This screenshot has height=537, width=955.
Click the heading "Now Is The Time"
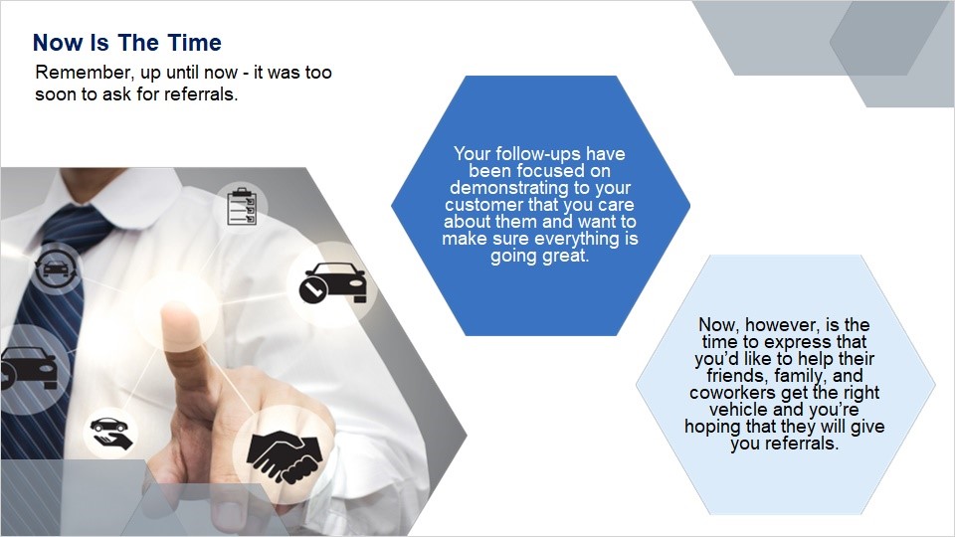click(127, 43)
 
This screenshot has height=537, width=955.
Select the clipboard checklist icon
click(242, 206)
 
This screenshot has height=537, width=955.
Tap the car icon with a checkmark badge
click(332, 282)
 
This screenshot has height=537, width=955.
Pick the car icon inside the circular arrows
click(56, 268)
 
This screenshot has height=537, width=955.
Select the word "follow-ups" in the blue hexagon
click(539, 153)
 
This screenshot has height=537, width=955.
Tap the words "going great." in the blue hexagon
click(540, 256)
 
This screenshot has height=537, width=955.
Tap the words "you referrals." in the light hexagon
click(785, 444)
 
